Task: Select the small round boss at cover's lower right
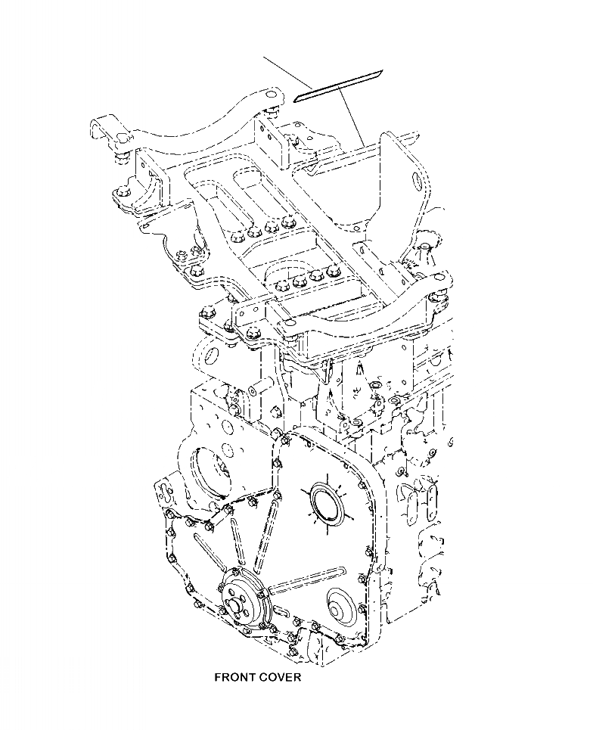338,604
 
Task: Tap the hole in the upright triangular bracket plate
415,180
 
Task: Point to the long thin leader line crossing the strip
310,83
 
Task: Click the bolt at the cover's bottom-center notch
293,650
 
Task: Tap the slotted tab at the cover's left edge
162,495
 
